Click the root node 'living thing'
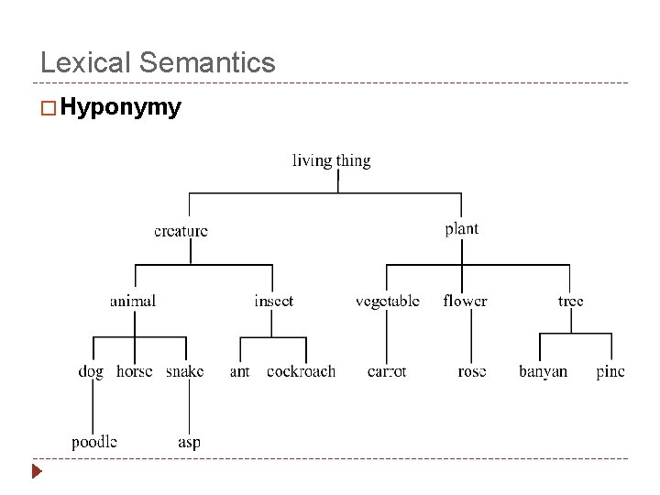click(331, 161)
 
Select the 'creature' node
click(181, 231)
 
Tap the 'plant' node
click(461, 229)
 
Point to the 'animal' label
click(133, 301)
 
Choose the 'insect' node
click(273, 301)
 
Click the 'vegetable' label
click(387, 301)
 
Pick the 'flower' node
click(465, 301)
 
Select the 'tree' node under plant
click(570, 301)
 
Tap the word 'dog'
click(91, 371)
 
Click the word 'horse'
click(135, 371)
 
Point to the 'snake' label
click(184, 371)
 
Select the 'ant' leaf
click(239, 371)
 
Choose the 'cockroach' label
click(301, 371)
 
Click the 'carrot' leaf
click(386, 371)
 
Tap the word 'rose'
click(471, 371)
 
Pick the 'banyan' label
click(543, 371)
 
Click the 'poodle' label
click(94, 442)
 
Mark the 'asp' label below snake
click(189, 443)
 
